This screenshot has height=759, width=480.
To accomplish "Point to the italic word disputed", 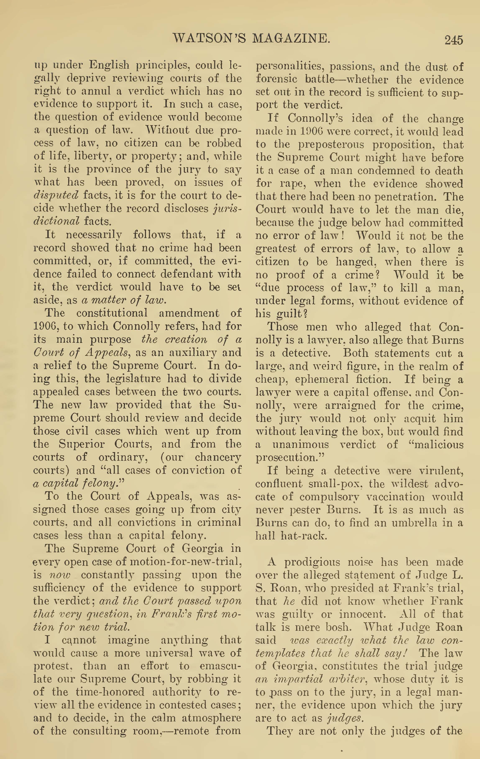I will [56, 195].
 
